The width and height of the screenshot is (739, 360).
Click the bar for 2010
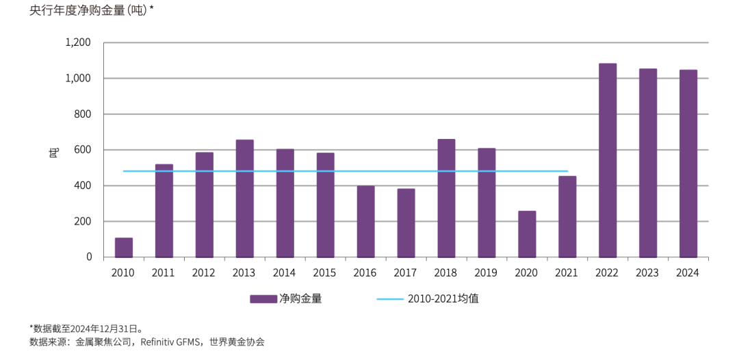coord(123,248)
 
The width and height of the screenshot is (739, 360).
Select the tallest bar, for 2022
coord(608,160)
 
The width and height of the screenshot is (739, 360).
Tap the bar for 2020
coord(527,234)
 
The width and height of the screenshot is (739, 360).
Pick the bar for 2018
coord(446,198)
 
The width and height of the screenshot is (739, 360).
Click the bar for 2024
coord(688,164)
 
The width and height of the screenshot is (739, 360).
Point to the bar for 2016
coord(365,222)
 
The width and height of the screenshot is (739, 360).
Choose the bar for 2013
coord(244,198)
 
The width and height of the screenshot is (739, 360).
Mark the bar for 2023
coord(648,163)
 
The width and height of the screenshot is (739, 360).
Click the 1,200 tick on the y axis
coord(78,42)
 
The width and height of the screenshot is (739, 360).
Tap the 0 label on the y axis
coord(89,257)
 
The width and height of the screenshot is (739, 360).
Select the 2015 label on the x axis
coord(325,272)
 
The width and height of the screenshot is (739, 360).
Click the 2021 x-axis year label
coord(567,272)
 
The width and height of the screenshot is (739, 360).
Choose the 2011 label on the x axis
coord(164,272)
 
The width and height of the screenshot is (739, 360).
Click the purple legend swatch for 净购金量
coord(262,299)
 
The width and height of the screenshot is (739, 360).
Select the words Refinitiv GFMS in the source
coord(171,342)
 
